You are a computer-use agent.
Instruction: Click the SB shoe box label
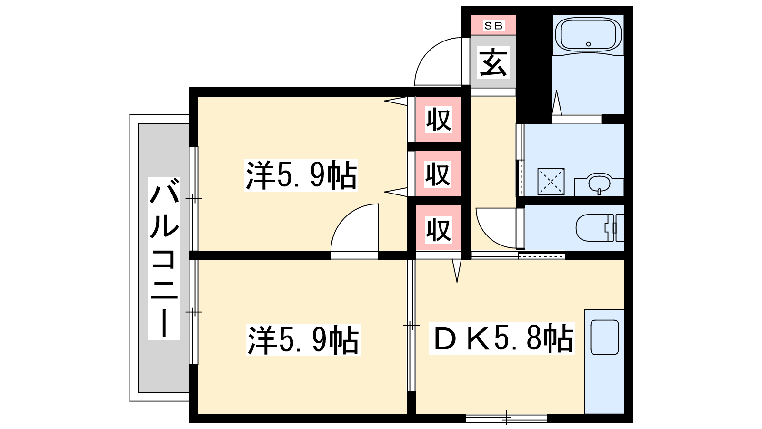click(493, 26)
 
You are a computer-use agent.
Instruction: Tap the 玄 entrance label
click(493, 62)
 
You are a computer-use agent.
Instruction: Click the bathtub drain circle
click(589, 44)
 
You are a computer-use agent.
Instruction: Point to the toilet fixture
click(600, 228)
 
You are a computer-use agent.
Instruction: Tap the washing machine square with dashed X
click(551, 182)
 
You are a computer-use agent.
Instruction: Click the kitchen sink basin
click(604, 337)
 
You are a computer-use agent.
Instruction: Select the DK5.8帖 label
click(502, 338)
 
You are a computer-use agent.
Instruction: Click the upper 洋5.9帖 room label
click(301, 175)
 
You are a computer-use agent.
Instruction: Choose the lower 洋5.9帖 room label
click(303, 340)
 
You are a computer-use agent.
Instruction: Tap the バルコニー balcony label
click(164, 258)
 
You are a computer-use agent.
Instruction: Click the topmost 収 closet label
click(439, 120)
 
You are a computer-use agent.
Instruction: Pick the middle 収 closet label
click(438, 174)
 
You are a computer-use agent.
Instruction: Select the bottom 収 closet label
click(439, 229)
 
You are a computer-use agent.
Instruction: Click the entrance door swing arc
click(428, 51)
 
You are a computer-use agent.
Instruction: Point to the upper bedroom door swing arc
click(344, 218)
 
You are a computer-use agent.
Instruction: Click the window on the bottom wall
click(506, 418)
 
